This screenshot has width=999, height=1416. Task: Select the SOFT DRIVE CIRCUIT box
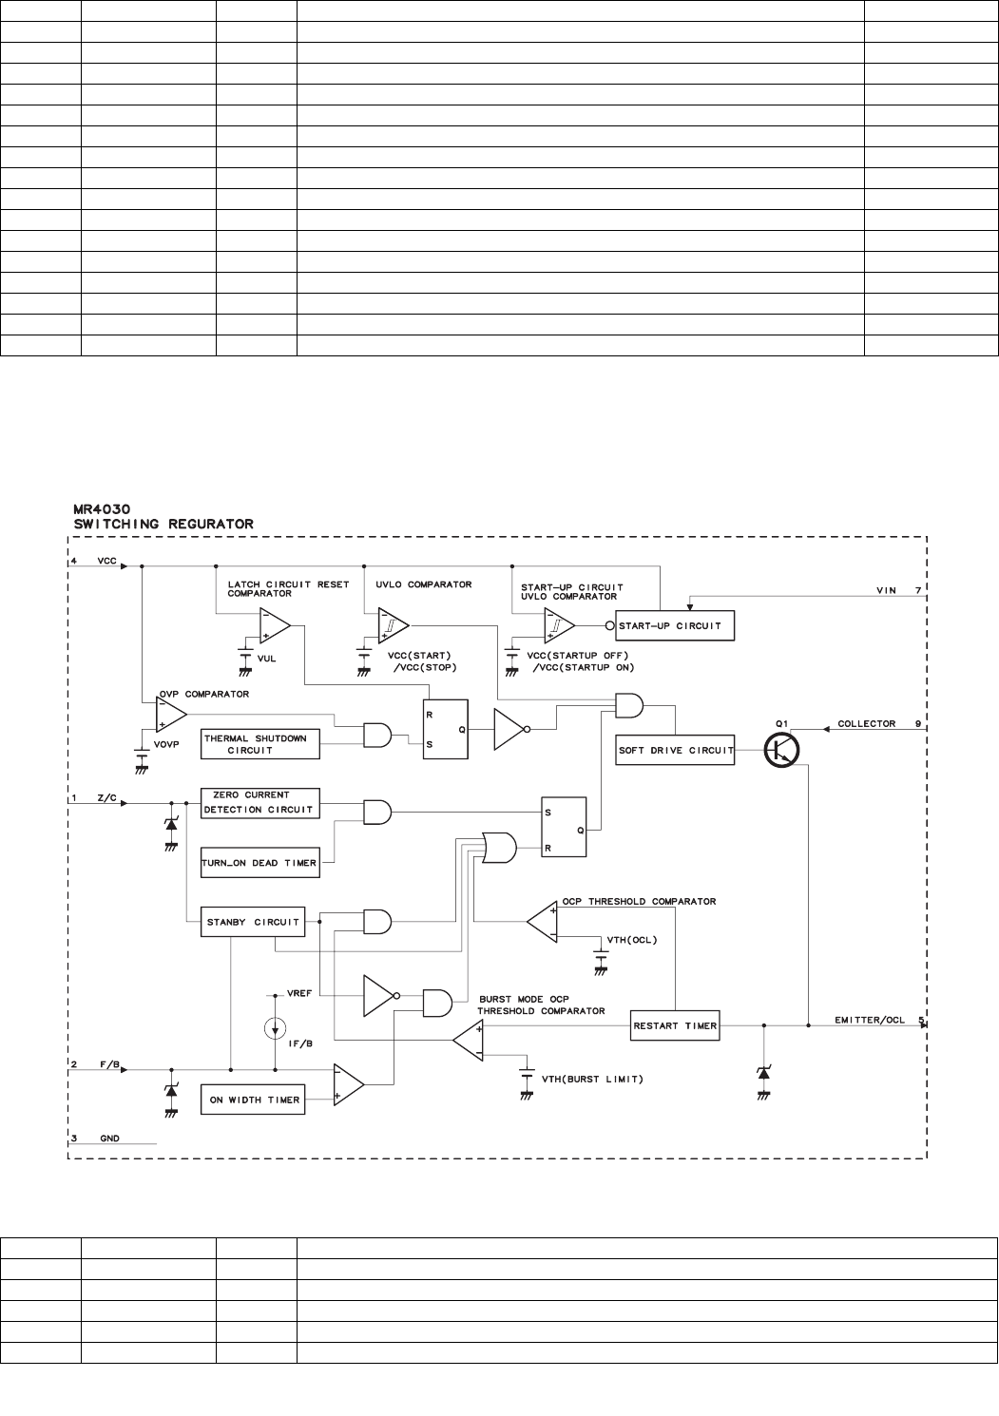tap(675, 750)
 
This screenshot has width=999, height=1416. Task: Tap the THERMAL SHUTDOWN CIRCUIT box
tap(259, 744)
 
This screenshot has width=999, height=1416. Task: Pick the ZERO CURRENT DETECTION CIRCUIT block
tap(259, 802)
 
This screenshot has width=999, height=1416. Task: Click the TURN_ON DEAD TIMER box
tap(259, 863)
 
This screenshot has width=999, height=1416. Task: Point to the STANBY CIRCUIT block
tap(253, 922)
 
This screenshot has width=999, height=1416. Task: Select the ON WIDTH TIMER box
tap(254, 1100)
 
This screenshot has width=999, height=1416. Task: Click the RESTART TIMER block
tap(674, 1026)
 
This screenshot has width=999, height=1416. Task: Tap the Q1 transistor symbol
tap(782, 750)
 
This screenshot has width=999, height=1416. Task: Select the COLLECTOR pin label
tap(866, 724)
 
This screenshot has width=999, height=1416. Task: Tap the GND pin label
tap(109, 1138)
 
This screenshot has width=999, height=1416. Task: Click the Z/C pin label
tap(106, 798)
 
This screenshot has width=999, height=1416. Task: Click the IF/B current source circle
tap(274, 1028)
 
